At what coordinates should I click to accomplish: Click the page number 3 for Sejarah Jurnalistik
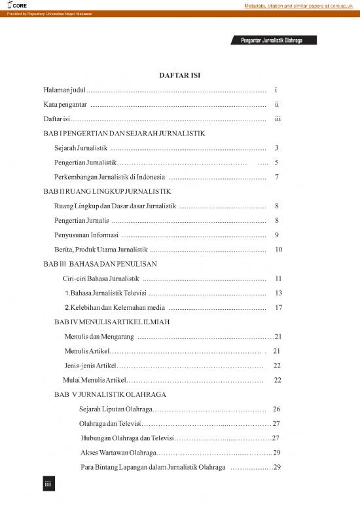[278, 148]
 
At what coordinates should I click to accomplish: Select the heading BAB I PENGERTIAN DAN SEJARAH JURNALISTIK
[124, 134]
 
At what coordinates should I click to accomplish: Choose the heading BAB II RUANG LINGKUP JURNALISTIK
[107, 192]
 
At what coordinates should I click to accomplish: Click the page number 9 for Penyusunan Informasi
[278, 235]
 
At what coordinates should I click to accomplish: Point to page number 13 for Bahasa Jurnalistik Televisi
[279, 293]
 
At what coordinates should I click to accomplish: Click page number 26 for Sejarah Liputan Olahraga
[276, 409]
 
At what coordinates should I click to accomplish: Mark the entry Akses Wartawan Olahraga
[113, 453]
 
